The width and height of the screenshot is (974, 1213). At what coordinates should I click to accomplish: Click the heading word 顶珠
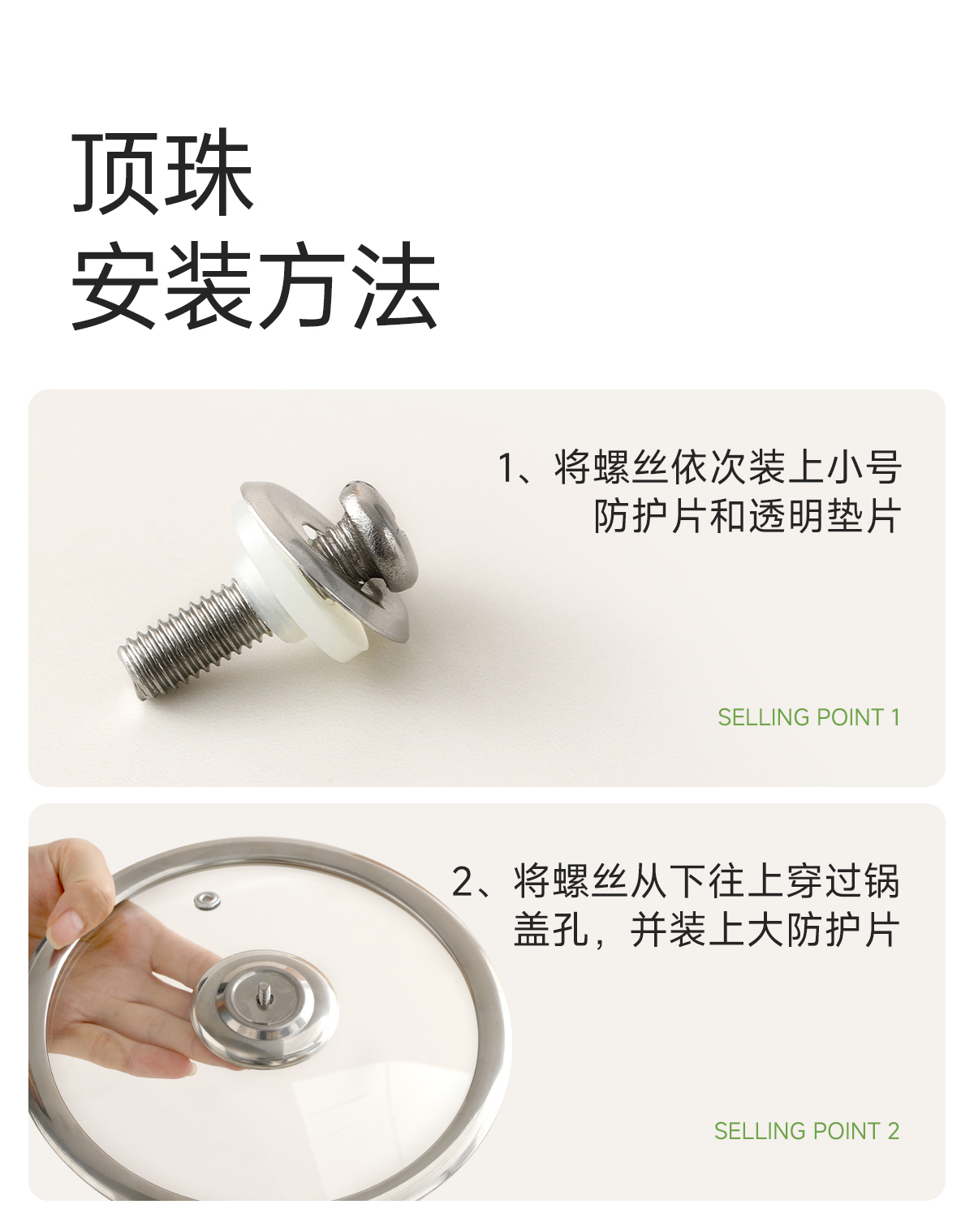click(163, 172)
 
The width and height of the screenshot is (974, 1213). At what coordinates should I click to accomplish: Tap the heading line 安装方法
click(256, 285)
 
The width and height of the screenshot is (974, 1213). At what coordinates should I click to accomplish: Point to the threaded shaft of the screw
click(189, 636)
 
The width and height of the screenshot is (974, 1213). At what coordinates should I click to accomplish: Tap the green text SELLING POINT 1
click(808, 717)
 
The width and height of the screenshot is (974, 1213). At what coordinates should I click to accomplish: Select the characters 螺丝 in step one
click(631, 467)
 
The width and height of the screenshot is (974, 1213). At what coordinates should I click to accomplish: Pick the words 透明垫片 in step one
click(823, 516)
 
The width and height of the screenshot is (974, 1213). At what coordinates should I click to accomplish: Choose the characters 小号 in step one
click(863, 467)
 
